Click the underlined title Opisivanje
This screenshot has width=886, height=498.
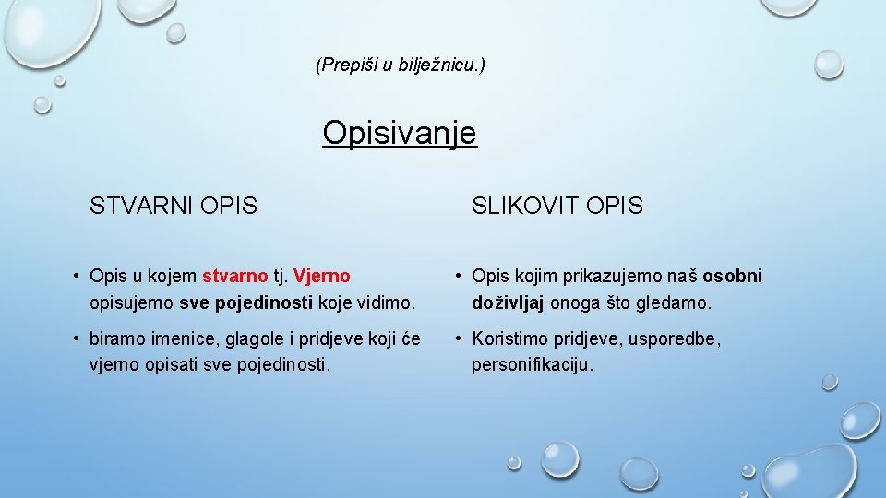(x=399, y=133)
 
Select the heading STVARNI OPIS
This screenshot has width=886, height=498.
(x=174, y=206)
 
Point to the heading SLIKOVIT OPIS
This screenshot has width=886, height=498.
(x=557, y=206)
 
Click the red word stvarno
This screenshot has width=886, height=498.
(x=234, y=276)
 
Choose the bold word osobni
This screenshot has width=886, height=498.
(x=733, y=276)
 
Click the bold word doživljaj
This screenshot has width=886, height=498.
(x=509, y=302)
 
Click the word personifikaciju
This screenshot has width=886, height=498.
(x=533, y=365)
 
